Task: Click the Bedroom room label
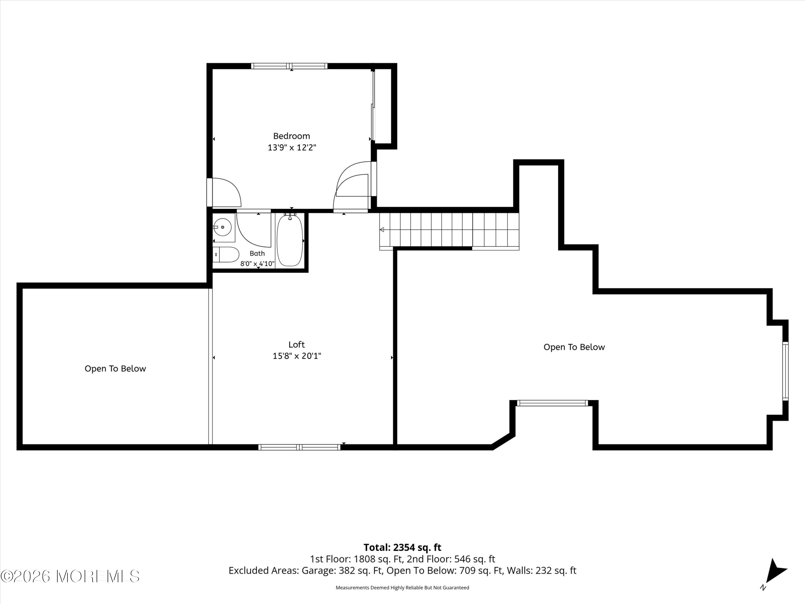[x=291, y=136]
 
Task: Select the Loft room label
[x=297, y=344]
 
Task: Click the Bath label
[x=257, y=253]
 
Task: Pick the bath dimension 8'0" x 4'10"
[x=257, y=264]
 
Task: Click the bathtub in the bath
[x=290, y=240]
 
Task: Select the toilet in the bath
[x=226, y=254]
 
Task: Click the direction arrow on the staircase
[x=382, y=230]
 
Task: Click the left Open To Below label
[x=115, y=369]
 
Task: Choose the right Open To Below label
[x=574, y=347]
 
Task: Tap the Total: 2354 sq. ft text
[x=402, y=548]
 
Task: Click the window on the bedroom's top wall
[x=289, y=66]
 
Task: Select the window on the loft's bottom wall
[x=299, y=447]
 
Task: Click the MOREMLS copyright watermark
[x=70, y=576]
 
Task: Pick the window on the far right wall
[x=785, y=371]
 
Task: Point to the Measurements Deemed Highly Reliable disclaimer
[x=402, y=588]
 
